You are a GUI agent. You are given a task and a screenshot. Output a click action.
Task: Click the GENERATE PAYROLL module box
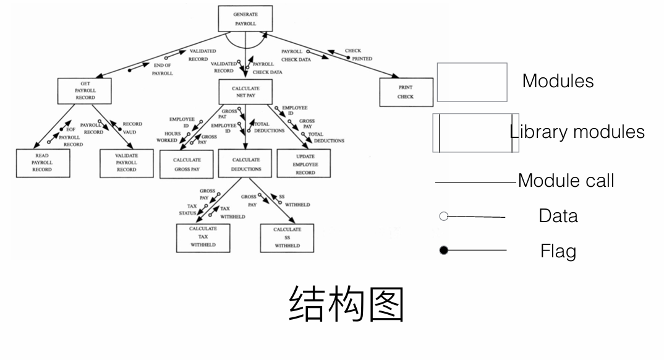(245, 19)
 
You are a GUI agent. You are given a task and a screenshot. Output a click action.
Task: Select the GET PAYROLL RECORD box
(85, 90)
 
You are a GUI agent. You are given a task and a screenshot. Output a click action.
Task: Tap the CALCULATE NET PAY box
(245, 92)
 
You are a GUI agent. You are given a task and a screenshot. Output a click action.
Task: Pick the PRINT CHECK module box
(406, 92)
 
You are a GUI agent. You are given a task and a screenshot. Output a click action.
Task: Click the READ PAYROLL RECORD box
(42, 163)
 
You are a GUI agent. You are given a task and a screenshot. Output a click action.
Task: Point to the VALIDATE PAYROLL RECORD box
(126, 163)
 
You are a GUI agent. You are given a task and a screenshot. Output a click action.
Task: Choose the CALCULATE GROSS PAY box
(187, 164)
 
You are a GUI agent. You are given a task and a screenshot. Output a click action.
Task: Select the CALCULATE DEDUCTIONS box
(246, 164)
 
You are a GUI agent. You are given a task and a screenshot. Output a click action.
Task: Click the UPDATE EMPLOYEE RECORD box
(304, 164)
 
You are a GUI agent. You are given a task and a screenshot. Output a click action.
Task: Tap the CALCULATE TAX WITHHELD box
(203, 237)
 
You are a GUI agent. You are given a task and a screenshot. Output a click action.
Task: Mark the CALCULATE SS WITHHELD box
(287, 238)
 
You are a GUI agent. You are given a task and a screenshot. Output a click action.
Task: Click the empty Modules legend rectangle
(472, 82)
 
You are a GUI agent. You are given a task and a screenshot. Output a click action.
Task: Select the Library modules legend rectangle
(475, 132)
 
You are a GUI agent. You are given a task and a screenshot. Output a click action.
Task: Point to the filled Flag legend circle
(443, 251)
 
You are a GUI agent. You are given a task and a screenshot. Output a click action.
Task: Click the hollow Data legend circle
(443, 216)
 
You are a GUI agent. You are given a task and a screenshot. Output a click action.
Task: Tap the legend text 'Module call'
(566, 181)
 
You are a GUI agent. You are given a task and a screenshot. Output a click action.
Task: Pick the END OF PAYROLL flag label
(163, 69)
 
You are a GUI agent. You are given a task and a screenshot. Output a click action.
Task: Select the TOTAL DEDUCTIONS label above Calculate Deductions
(269, 127)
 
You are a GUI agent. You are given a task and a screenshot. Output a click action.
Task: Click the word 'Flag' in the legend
(558, 251)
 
